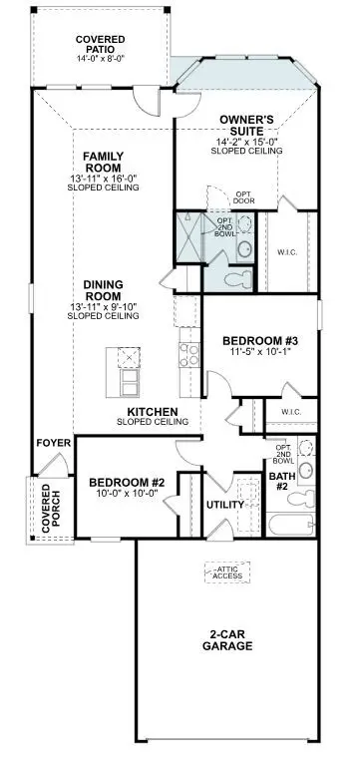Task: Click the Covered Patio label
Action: pyautogui.click(x=100, y=44)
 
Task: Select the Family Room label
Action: pyautogui.click(x=103, y=162)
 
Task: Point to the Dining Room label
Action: pyautogui.click(x=102, y=290)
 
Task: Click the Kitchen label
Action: pyautogui.click(x=153, y=411)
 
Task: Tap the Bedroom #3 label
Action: pyautogui.click(x=259, y=341)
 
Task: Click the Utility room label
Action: pyautogui.click(x=224, y=505)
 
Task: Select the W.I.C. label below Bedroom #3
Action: pyautogui.click(x=291, y=411)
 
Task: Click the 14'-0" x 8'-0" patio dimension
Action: pyautogui.click(x=100, y=58)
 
